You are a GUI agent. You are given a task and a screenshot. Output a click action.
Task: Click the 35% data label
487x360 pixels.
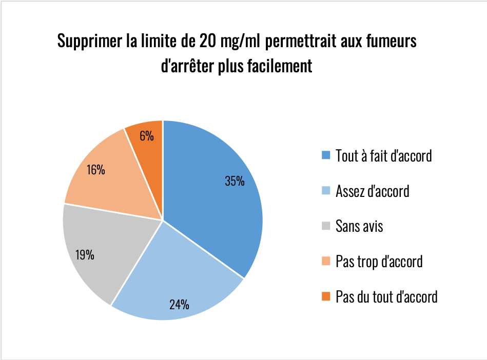[x=235, y=181]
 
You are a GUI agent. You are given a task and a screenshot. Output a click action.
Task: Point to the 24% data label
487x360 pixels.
[x=179, y=304]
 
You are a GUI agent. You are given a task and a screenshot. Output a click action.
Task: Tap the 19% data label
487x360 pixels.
[x=85, y=254]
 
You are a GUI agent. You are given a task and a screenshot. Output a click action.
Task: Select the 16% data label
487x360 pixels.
[x=96, y=170]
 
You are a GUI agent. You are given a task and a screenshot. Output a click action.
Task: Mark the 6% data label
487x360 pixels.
[x=146, y=136]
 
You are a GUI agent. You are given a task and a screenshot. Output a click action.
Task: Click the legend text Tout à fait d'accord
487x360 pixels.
[x=383, y=155]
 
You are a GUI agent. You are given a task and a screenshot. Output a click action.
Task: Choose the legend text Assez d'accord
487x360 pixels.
[x=372, y=191]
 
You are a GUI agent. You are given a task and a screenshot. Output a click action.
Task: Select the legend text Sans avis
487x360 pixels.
[x=359, y=226]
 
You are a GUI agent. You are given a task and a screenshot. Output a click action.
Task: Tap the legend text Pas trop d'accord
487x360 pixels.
[x=379, y=262]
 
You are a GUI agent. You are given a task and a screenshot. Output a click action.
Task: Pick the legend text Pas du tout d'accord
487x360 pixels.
[x=386, y=296]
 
